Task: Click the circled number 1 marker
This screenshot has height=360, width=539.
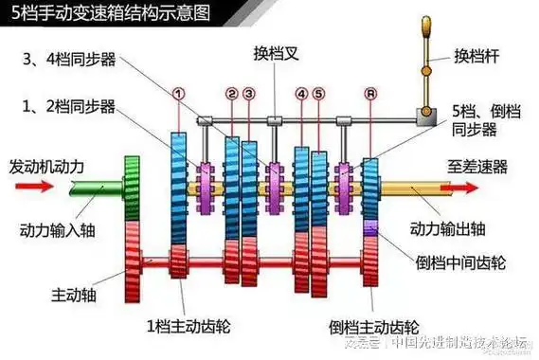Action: pyautogui.click(x=177, y=93)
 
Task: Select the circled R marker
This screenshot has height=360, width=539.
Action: pyautogui.click(x=369, y=94)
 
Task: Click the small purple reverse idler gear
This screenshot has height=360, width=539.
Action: pyautogui.click(x=370, y=228)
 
